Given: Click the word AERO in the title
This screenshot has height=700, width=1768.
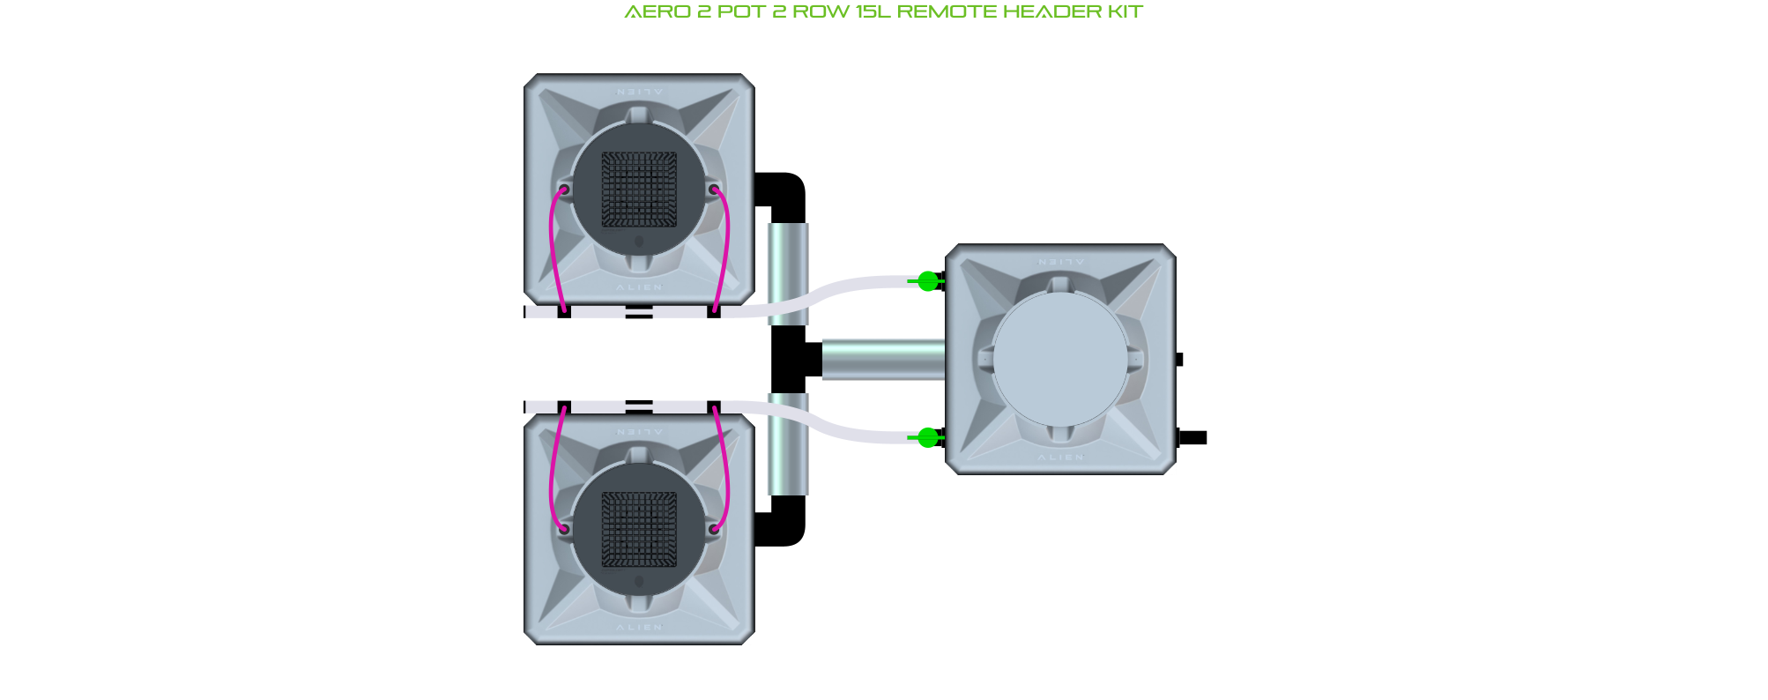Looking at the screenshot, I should [x=657, y=11].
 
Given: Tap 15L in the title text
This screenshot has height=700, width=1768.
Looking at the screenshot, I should [x=873, y=11].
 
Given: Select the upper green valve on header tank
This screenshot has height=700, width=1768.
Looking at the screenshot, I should [x=927, y=281].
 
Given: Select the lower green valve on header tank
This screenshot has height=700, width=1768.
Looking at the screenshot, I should [x=927, y=437].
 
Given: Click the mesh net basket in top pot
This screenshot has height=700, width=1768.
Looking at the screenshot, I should [x=639, y=189].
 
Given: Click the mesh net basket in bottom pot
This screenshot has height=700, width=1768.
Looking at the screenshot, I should [x=639, y=529].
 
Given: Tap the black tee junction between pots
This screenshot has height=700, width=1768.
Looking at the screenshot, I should [x=791, y=360].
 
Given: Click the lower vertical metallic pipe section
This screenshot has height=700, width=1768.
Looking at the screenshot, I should [x=788, y=445].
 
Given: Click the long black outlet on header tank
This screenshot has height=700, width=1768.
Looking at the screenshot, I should [x=1193, y=437].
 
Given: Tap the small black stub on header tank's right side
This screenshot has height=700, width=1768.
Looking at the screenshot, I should [x=1179, y=360].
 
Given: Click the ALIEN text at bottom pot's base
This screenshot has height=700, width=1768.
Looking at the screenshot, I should [x=639, y=628].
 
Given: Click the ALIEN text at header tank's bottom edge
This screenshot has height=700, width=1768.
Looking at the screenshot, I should [x=1060, y=458].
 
